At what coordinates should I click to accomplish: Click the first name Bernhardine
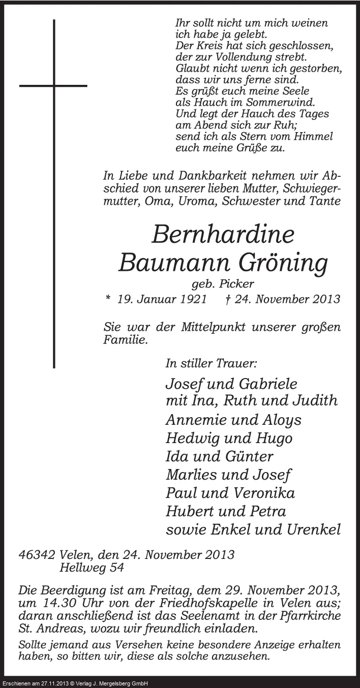coord(223,235)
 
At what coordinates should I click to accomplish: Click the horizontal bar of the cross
coord(53,86)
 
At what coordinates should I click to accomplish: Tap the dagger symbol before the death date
coord(227,299)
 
